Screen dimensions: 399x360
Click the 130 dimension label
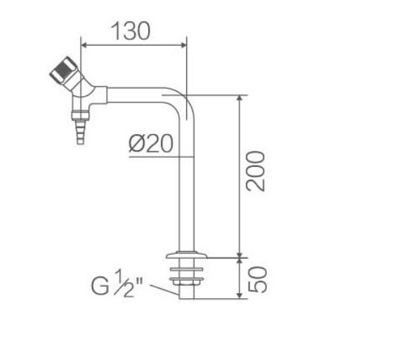click(131, 31)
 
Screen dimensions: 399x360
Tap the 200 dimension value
click(255, 171)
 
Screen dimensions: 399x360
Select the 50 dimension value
click(258, 280)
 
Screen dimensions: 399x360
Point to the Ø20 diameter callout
click(151, 143)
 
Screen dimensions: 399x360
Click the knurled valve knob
click(62, 69)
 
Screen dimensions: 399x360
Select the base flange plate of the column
click(187, 255)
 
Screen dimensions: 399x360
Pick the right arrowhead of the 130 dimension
click(183, 45)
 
